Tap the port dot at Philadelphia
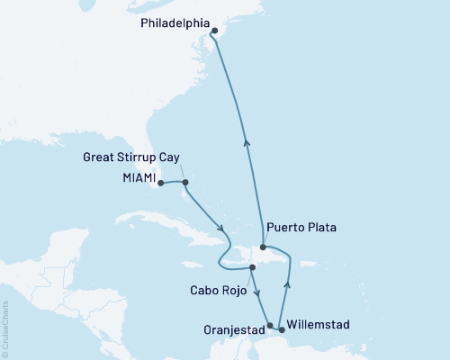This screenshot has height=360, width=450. click(x=214, y=31)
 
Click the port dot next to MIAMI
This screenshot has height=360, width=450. click(x=160, y=183)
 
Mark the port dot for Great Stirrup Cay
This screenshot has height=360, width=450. click(x=184, y=183)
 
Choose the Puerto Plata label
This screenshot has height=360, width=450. click(x=301, y=228)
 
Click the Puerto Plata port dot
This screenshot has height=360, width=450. click(x=262, y=247)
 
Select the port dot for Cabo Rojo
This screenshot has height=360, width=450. click(x=253, y=268)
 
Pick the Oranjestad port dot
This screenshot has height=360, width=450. click(x=270, y=327)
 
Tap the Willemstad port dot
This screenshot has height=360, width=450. click(x=282, y=329)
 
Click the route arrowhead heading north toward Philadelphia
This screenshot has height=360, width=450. click(x=246, y=140)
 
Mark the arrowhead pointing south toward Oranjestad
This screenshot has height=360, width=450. click(x=258, y=301)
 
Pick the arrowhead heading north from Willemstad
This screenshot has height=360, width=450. click(x=287, y=286)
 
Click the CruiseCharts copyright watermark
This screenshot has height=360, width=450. click(x=5, y=329)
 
